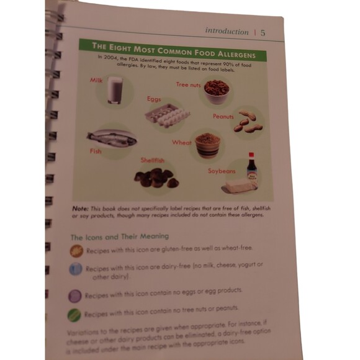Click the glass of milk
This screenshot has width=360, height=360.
pyautogui.click(x=114, y=91)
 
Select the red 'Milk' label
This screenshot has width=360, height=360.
pyautogui.click(x=96, y=81)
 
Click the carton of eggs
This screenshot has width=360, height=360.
pyautogui.click(x=164, y=115)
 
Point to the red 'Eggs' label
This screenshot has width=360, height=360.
pyautogui.click(x=154, y=99)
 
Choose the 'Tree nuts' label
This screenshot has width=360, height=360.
pyautogui.click(x=187, y=84)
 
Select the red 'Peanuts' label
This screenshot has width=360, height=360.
pyautogui.click(x=223, y=116)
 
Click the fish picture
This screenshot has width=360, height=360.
pyautogui.click(x=112, y=137)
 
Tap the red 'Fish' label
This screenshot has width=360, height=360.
pyautogui.click(x=95, y=151)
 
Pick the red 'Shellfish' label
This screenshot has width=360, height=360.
pyautogui.click(x=151, y=160)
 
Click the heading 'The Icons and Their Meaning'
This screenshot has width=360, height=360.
pyautogui.click(x=119, y=236)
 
